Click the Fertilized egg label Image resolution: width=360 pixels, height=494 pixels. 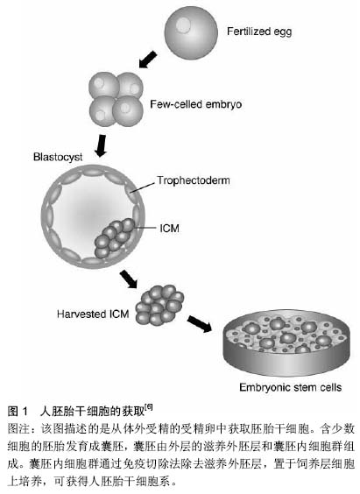[x=259, y=32]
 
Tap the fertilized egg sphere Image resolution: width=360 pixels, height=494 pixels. [x=191, y=32]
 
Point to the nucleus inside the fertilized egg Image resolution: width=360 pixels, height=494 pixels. [x=183, y=25]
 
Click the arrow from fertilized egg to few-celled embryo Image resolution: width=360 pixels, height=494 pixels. [x=148, y=60]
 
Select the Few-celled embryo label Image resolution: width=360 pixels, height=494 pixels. [x=195, y=104]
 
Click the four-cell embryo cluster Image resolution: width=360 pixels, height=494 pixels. [x=116, y=99]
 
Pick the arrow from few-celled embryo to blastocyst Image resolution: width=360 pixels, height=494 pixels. [x=102, y=146]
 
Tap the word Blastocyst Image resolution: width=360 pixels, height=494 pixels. [x=58, y=157]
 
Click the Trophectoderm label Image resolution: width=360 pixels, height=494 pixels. [x=194, y=180]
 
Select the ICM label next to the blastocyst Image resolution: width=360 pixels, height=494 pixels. [x=169, y=228]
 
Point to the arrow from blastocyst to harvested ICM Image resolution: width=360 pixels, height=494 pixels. [x=129, y=279]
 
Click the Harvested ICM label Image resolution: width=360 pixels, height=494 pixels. [x=93, y=314]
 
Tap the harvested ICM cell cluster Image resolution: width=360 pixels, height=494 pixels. [x=159, y=305]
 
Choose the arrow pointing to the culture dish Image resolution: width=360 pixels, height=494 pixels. [x=200, y=324]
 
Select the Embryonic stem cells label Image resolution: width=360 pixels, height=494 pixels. [x=291, y=387]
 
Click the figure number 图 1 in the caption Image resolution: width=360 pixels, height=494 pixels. [x=18, y=411]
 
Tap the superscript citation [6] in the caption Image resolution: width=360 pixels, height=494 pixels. [x=149, y=407]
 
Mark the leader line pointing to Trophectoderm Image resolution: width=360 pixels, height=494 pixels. [x=143, y=187]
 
